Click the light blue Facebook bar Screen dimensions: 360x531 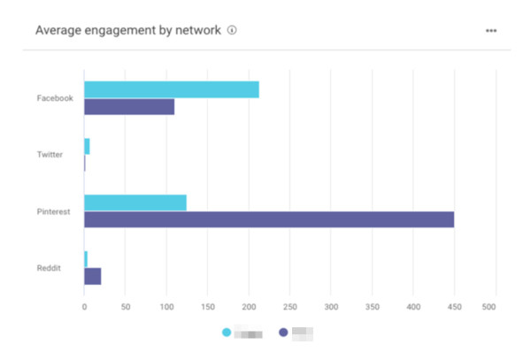(172, 89)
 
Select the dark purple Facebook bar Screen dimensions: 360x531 (129, 107)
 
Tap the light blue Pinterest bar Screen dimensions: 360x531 (135, 203)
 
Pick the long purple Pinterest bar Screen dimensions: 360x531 (269, 219)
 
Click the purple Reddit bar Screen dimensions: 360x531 (93, 276)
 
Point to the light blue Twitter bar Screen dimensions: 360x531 (87, 146)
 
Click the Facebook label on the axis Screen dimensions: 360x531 (55, 98)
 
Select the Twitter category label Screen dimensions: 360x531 (50, 155)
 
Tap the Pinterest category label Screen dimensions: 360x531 (53, 211)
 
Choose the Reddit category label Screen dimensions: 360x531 (50, 268)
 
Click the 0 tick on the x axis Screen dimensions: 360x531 (84, 308)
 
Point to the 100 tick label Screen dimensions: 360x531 (166, 308)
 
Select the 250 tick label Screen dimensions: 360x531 (290, 308)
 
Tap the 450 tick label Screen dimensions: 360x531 (455, 308)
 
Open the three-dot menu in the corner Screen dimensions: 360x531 (491, 31)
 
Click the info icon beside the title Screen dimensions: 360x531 (233, 30)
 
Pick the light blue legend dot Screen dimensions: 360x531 (227, 333)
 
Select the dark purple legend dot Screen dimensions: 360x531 (283, 333)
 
